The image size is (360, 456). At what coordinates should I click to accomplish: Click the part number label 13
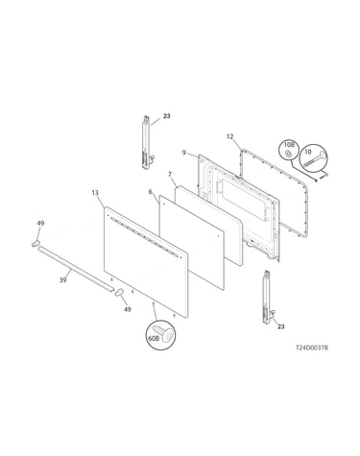pyautogui.click(x=95, y=193)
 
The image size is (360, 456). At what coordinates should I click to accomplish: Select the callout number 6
pyautogui.click(x=150, y=192)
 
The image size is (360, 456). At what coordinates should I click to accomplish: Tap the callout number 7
pyautogui.click(x=170, y=175)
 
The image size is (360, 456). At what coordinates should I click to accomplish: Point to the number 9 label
pyautogui.click(x=184, y=153)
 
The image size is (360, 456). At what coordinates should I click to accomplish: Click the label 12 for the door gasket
pyautogui.click(x=230, y=136)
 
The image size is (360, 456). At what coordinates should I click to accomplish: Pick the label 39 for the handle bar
pyautogui.click(x=63, y=280)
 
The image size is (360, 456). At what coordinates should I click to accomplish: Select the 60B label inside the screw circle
pyautogui.click(x=154, y=338)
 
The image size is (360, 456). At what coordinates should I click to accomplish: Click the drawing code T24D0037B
pyautogui.click(x=312, y=348)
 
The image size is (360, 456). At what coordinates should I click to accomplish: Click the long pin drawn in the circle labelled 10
pyautogui.click(x=316, y=159)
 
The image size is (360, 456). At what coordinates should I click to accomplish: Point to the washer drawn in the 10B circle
pyautogui.click(x=288, y=155)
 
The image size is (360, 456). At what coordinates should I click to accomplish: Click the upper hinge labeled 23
pyautogui.click(x=146, y=143)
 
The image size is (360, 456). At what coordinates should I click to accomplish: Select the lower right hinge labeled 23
pyautogui.click(x=268, y=299)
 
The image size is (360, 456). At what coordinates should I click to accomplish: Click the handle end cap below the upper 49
pyautogui.click(x=36, y=244)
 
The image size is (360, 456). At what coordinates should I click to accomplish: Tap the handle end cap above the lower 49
pyautogui.click(x=119, y=293)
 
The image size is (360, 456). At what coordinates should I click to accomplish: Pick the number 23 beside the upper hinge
pyautogui.click(x=167, y=116)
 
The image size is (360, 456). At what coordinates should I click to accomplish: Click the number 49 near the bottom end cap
pyautogui.click(x=128, y=309)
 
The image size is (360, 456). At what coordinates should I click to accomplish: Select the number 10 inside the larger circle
pyautogui.click(x=308, y=152)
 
